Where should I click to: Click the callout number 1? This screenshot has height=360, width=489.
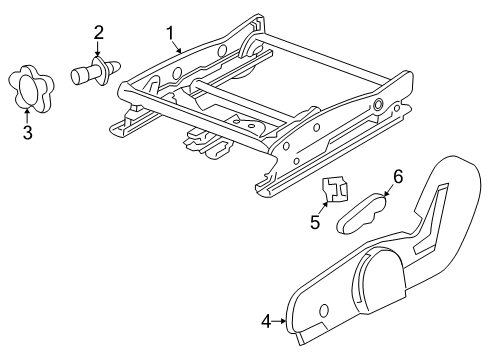[170, 32]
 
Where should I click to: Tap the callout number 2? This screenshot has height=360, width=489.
[99, 33]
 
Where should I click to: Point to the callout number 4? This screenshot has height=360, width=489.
[265, 321]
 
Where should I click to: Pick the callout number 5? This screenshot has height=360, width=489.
[315, 222]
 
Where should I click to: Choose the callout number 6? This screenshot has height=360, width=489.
[397, 177]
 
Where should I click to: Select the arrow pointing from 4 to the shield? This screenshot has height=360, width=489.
[281, 321]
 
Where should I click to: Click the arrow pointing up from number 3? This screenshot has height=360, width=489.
[27, 112]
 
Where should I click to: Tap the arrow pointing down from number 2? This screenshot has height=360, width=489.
[99, 50]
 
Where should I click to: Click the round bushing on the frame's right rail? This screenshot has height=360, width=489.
[378, 104]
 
